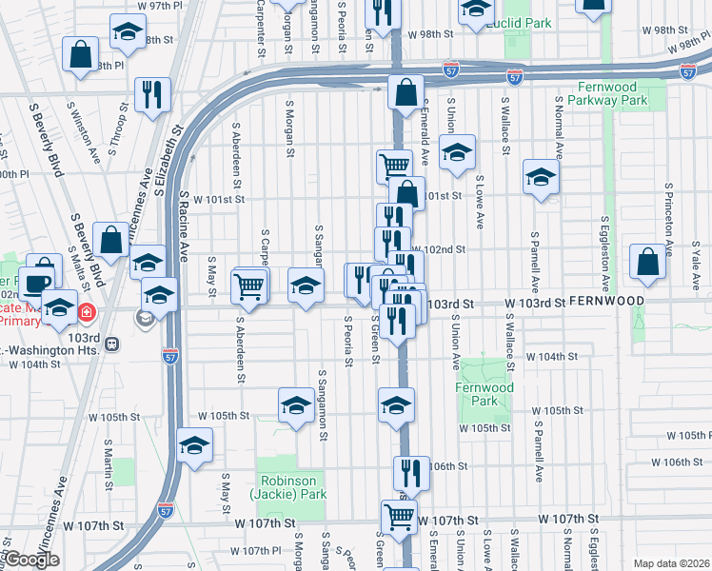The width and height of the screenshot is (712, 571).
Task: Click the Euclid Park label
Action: [520, 23]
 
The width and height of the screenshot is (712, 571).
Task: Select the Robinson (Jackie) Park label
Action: [290, 488]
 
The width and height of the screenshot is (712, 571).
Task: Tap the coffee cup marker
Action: [39, 283]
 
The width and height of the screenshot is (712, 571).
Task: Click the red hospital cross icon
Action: [86, 311]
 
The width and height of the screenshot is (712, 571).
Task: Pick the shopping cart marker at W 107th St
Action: [400, 517]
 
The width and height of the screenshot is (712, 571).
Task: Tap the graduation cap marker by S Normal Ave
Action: [541, 176]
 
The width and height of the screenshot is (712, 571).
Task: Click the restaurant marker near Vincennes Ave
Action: [152, 93]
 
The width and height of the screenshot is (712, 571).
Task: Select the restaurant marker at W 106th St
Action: [411, 471]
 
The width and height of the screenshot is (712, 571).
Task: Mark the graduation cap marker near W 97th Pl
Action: [126, 32]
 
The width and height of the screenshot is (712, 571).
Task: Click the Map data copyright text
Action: [672, 563]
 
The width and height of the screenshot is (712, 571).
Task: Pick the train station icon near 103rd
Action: [112, 343]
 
